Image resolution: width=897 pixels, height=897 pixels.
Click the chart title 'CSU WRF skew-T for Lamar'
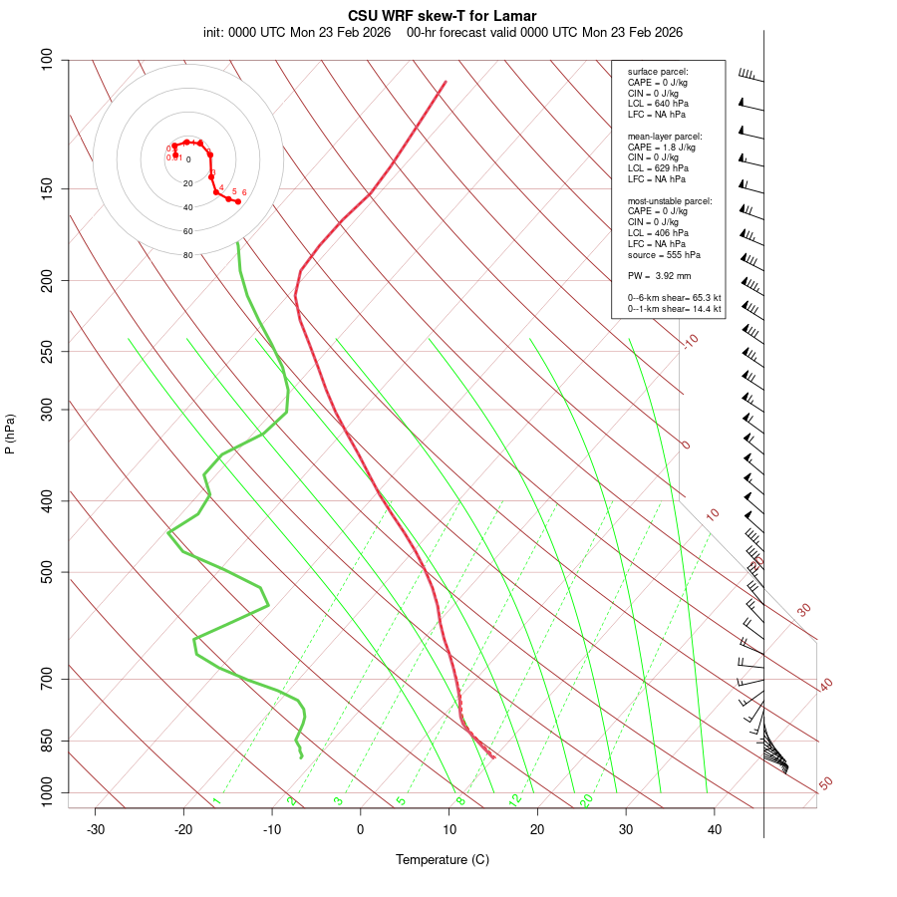click(x=443, y=16)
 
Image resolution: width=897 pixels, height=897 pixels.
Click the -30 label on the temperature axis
click(x=96, y=829)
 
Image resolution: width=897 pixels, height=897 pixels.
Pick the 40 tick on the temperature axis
click(x=715, y=829)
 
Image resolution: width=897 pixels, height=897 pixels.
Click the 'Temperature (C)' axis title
click(x=443, y=859)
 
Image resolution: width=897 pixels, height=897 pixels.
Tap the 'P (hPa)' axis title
click(x=10, y=434)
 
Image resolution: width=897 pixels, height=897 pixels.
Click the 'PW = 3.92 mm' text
click(x=659, y=276)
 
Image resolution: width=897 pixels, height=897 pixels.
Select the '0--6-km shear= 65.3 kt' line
click(x=674, y=298)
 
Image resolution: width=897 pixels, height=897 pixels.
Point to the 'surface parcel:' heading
click(x=658, y=72)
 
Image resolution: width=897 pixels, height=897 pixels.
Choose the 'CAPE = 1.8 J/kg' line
click(x=662, y=147)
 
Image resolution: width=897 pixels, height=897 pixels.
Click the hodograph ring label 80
click(x=187, y=255)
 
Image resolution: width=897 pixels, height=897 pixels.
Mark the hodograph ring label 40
click(x=187, y=207)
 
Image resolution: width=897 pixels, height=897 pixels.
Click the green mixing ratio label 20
click(x=587, y=799)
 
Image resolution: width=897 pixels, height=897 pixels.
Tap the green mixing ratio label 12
click(x=515, y=799)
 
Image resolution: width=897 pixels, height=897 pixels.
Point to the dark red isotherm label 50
click(x=825, y=784)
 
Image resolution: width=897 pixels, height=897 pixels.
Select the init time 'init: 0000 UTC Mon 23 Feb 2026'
click(x=296, y=32)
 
